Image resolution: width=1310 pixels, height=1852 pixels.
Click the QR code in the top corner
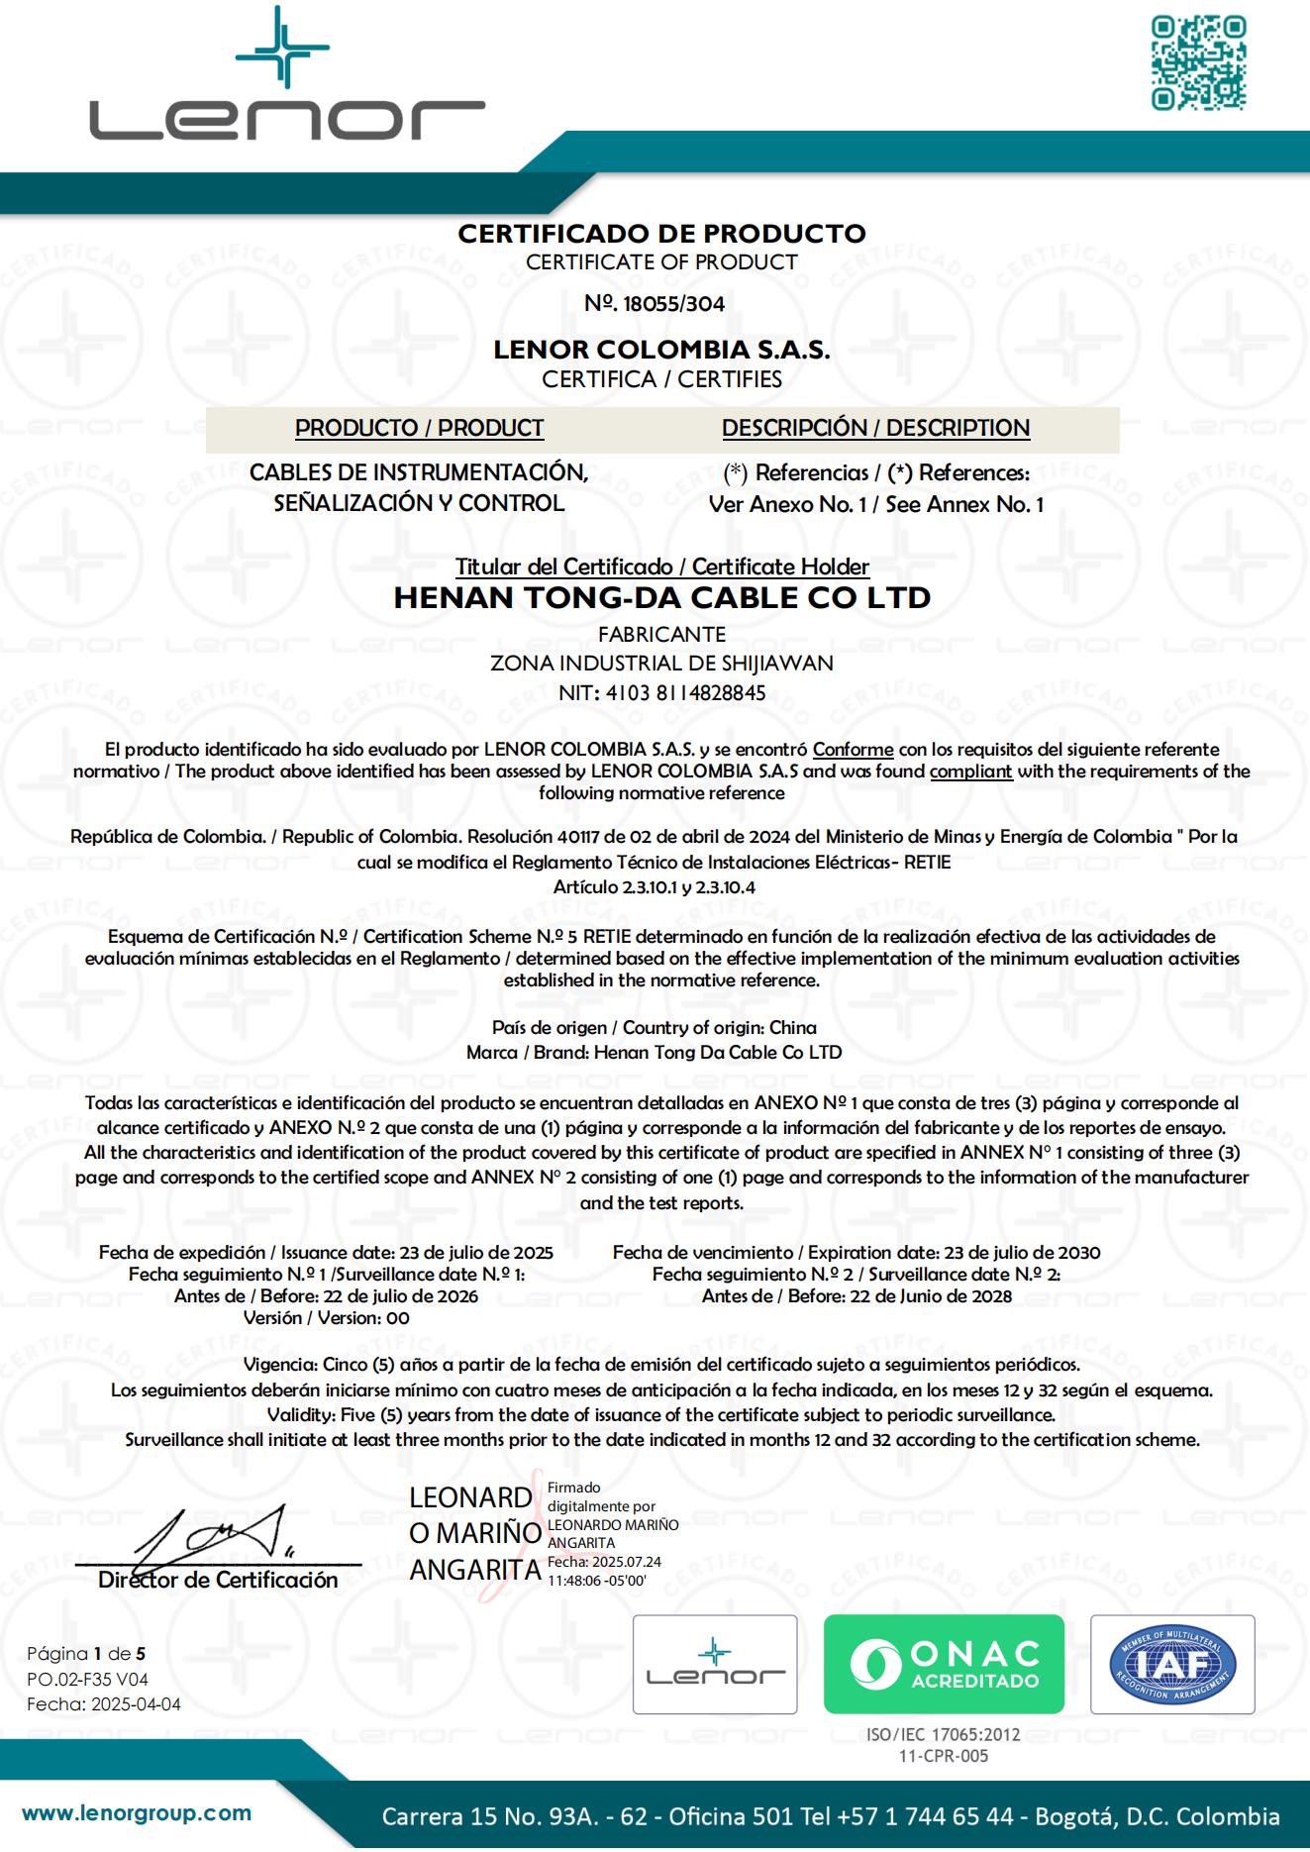(x=1198, y=63)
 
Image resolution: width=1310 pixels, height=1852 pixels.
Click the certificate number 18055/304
(x=674, y=304)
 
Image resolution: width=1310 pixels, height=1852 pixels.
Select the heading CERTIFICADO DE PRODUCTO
(x=661, y=234)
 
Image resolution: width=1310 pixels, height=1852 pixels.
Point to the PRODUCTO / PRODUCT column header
(x=419, y=428)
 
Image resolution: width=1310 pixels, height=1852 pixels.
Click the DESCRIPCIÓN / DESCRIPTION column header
(x=875, y=428)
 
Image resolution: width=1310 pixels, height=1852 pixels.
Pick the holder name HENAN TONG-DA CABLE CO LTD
(x=661, y=598)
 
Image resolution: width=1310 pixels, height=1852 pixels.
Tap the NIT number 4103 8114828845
(x=661, y=693)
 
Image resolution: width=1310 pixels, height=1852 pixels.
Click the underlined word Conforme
(x=853, y=750)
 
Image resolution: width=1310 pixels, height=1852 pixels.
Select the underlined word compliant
(x=970, y=772)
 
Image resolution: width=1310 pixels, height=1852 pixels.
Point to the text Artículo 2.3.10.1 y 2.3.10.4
(x=655, y=887)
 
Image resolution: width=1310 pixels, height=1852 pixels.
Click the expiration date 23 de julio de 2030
(x=1022, y=1253)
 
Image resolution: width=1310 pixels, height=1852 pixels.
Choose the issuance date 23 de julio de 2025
(x=475, y=1253)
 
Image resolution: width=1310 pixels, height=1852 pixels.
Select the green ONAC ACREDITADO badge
(x=944, y=1665)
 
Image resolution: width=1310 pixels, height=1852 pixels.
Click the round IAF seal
(x=1172, y=1665)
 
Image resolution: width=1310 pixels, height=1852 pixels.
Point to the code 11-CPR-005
(x=943, y=1756)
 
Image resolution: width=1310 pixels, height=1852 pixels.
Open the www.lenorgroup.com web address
(x=137, y=1813)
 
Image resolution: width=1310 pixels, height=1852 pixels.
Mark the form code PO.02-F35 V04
(x=87, y=1679)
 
